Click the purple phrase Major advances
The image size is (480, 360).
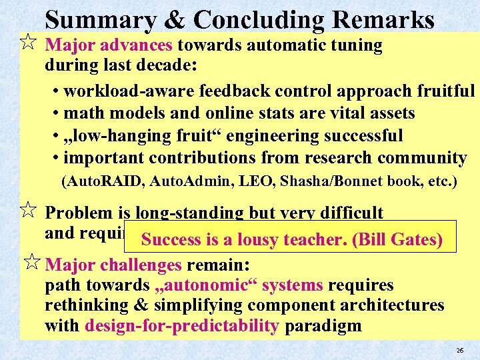109,46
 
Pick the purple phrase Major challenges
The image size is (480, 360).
113,265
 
